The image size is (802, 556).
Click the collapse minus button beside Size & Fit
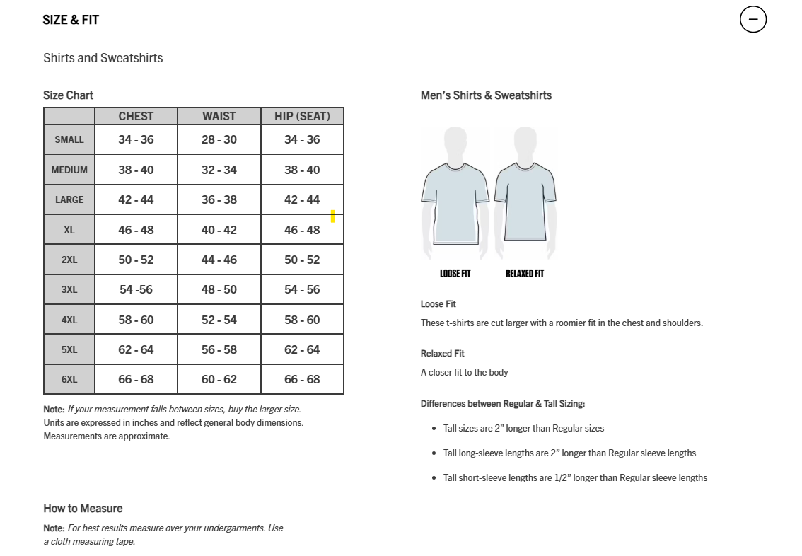752,19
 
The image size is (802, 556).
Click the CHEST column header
136,116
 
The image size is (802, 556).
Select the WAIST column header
219,116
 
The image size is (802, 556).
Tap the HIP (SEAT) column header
302,116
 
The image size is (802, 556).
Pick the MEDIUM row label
69,170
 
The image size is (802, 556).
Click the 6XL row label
69,379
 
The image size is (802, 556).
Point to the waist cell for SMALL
219,139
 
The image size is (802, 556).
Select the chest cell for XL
136,230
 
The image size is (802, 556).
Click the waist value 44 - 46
219,260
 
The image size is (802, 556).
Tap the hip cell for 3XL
302,289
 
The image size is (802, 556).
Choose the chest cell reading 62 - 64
136,349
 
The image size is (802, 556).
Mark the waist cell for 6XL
219,379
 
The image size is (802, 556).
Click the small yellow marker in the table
333,216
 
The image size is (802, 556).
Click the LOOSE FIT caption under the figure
455,274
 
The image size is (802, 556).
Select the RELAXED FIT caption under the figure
525,274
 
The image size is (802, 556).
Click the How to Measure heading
83,508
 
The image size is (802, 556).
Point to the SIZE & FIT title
71,20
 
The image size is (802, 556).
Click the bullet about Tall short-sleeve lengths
575,477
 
